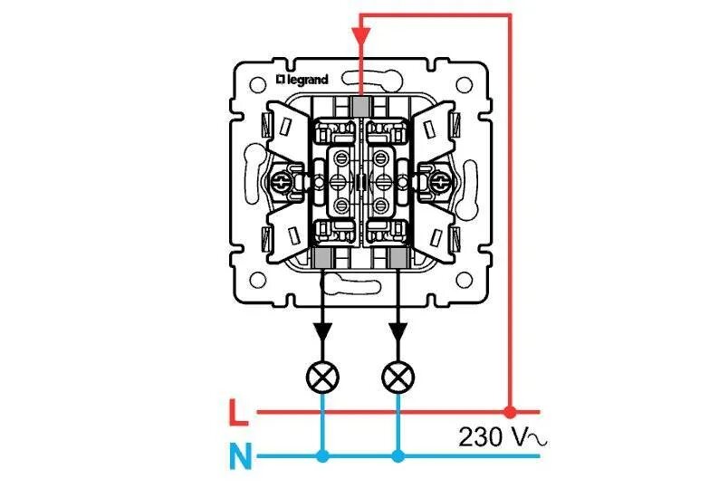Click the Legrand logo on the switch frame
[x=302, y=80]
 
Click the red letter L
[x=238, y=412]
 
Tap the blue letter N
[x=241, y=455]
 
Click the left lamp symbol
[x=322, y=377]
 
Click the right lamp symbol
[x=398, y=377]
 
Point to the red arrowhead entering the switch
[x=361, y=36]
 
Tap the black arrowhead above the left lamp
[x=322, y=331]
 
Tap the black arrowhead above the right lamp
[x=398, y=331]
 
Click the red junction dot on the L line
[x=510, y=412]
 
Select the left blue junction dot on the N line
[x=322, y=456]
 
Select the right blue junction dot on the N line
[x=398, y=456]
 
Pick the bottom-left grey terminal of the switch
[x=322, y=258]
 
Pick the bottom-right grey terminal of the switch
[x=398, y=258]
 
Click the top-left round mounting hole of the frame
[x=258, y=85]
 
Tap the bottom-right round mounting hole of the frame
[x=464, y=280]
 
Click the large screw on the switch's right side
[x=440, y=183]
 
